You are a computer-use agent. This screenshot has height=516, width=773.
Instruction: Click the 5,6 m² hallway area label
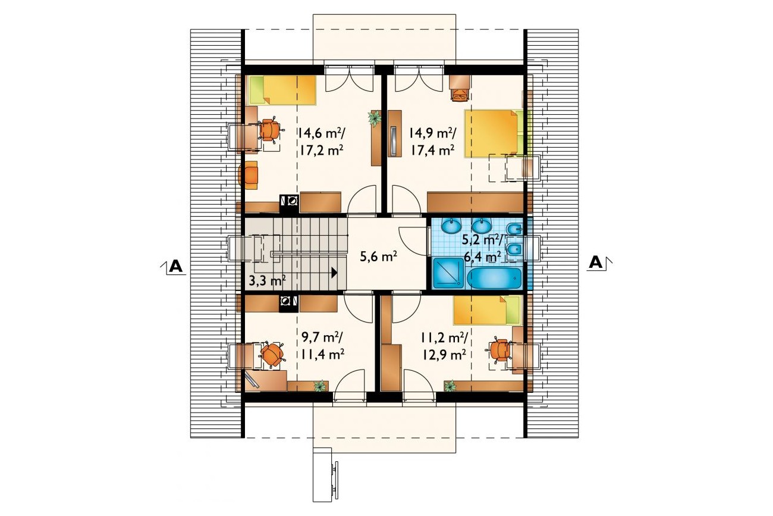pyautogui.click(x=378, y=257)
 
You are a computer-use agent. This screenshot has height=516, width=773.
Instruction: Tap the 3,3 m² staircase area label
pyautogui.click(x=267, y=280)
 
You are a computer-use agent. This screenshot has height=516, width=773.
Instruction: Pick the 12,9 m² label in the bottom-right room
pyautogui.click(x=445, y=354)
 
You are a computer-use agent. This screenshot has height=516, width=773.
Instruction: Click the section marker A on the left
pyautogui.click(x=175, y=266)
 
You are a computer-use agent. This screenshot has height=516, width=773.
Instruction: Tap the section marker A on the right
pyautogui.click(x=595, y=263)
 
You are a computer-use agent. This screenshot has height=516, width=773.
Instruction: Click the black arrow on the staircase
pyautogui.click(x=334, y=273)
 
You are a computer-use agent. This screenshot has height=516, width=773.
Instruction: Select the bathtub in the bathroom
pyautogui.click(x=494, y=278)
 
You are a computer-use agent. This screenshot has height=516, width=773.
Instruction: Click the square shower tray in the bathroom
pyautogui.click(x=448, y=273)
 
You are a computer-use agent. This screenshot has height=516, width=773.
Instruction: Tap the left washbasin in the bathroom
pyautogui.click(x=451, y=226)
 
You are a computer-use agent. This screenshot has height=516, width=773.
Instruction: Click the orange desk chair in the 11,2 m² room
pyautogui.click(x=499, y=350)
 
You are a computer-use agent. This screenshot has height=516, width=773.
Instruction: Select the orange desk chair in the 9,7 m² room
pyautogui.click(x=272, y=354)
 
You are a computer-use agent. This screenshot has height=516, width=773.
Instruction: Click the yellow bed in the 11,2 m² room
pyautogui.click(x=487, y=310)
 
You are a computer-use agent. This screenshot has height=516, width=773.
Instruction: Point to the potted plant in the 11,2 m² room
pyautogui.click(x=450, y=386)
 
